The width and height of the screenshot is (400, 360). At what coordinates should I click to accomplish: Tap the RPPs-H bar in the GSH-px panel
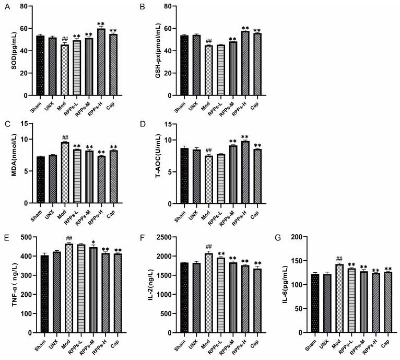245,63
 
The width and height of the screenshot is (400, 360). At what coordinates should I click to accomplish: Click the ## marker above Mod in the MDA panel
65,137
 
